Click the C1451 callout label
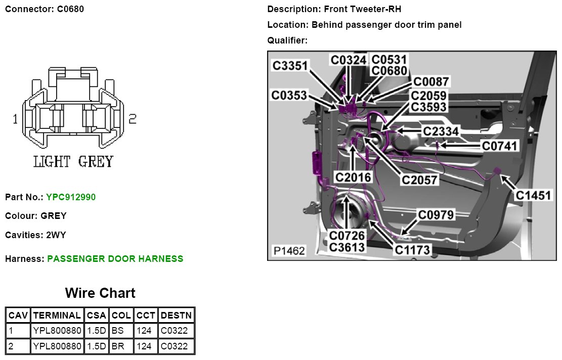point(533,195)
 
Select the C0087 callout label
point(431,82)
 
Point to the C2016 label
point(354,177)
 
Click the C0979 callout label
point(436,215)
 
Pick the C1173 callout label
point(412,249)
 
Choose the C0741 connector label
point(500,146)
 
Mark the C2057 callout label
point(419,179)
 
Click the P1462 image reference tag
point(289,251)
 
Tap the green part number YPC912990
point(70,197)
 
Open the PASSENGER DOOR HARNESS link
point(115,259)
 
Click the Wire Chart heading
point(100,293)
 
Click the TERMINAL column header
point(57,316)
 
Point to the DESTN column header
point(176,316)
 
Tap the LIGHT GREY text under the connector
point(73,162)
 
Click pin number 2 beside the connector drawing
point(133,119)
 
